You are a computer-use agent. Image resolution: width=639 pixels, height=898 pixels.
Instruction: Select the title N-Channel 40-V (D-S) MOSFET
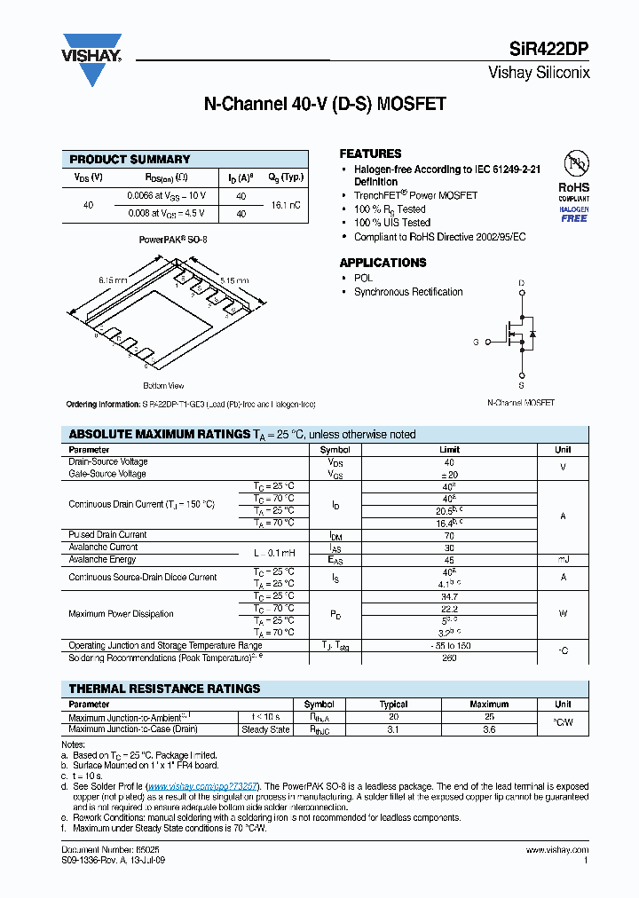click(x=325, y=104)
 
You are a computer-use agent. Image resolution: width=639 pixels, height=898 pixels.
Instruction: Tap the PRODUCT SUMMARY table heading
click(x=130, y=160)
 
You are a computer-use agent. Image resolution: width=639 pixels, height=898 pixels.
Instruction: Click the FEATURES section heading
click(x=370, y=154)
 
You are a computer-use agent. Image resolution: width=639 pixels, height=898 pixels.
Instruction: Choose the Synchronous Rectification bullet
click(x=408, y=292)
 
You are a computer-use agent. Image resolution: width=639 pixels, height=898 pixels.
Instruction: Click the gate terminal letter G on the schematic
click(x=476, y=342)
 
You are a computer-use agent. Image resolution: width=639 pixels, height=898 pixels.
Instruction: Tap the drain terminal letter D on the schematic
click(x=521, y=284)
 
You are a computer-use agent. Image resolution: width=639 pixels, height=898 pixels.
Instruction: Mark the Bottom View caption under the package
click(x=163, y=386)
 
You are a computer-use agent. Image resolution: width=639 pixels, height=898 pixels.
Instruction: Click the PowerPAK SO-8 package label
click(x=173, y=240)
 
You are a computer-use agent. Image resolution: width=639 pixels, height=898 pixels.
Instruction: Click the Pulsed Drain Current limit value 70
click(x=449, y=535)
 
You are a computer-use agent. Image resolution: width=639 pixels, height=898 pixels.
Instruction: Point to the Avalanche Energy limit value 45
click(x=449, y=560)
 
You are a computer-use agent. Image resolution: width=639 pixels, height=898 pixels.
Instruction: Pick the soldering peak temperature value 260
click(x=449, y=658)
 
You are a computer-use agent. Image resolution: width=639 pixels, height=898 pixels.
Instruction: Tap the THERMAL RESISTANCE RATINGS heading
click(x=164, y=689)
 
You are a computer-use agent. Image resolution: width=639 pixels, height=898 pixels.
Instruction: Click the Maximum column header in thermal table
click(x=489, y=705)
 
